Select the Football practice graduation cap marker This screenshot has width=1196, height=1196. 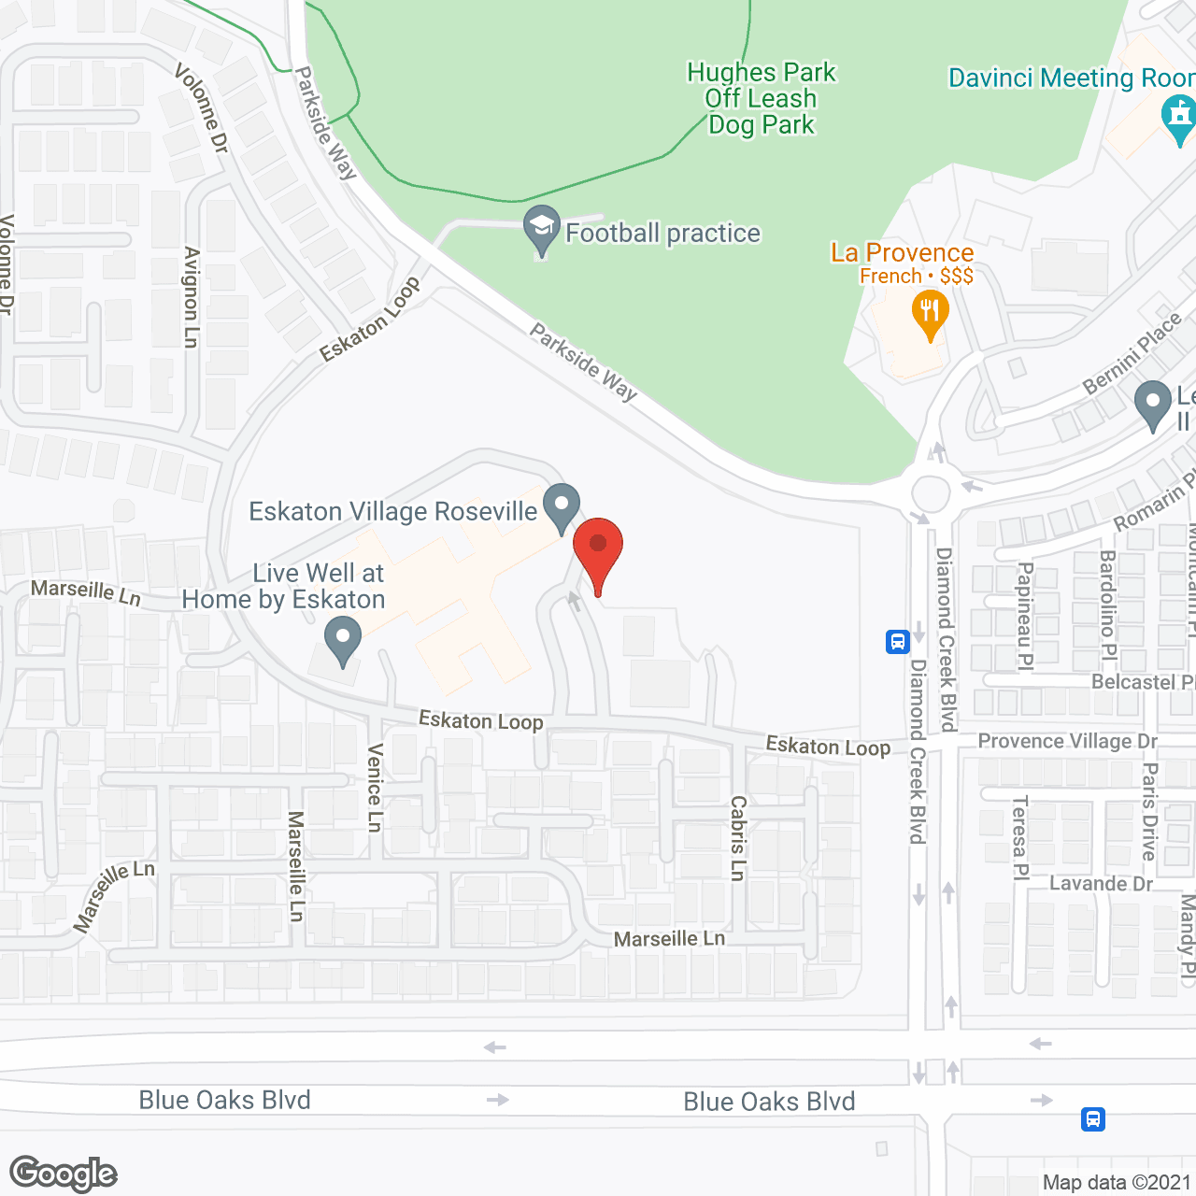tap(541, 227)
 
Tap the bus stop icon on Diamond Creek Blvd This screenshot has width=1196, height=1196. tap(898, 642)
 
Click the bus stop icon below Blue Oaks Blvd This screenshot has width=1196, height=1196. tap(1092, 1118)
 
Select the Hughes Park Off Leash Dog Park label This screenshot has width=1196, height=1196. tap(762, 98)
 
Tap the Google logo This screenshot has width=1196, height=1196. tap(64, 1174)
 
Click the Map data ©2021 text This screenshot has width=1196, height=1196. tap(1117, 1182)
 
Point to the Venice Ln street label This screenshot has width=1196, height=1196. tap(375, 787)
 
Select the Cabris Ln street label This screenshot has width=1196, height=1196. tap(738, 837)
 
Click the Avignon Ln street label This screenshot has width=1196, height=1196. tap(192, 297)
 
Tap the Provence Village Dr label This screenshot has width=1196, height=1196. tap(1067, 741)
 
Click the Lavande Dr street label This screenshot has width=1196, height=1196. tap(1101, 883)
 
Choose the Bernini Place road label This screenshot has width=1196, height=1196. tap(1132, 354)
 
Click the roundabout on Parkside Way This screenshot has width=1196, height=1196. tap(931, 493)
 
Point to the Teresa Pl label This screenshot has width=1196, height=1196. tap(1020, 837)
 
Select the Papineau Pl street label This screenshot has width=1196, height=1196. tap(1025, 616)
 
